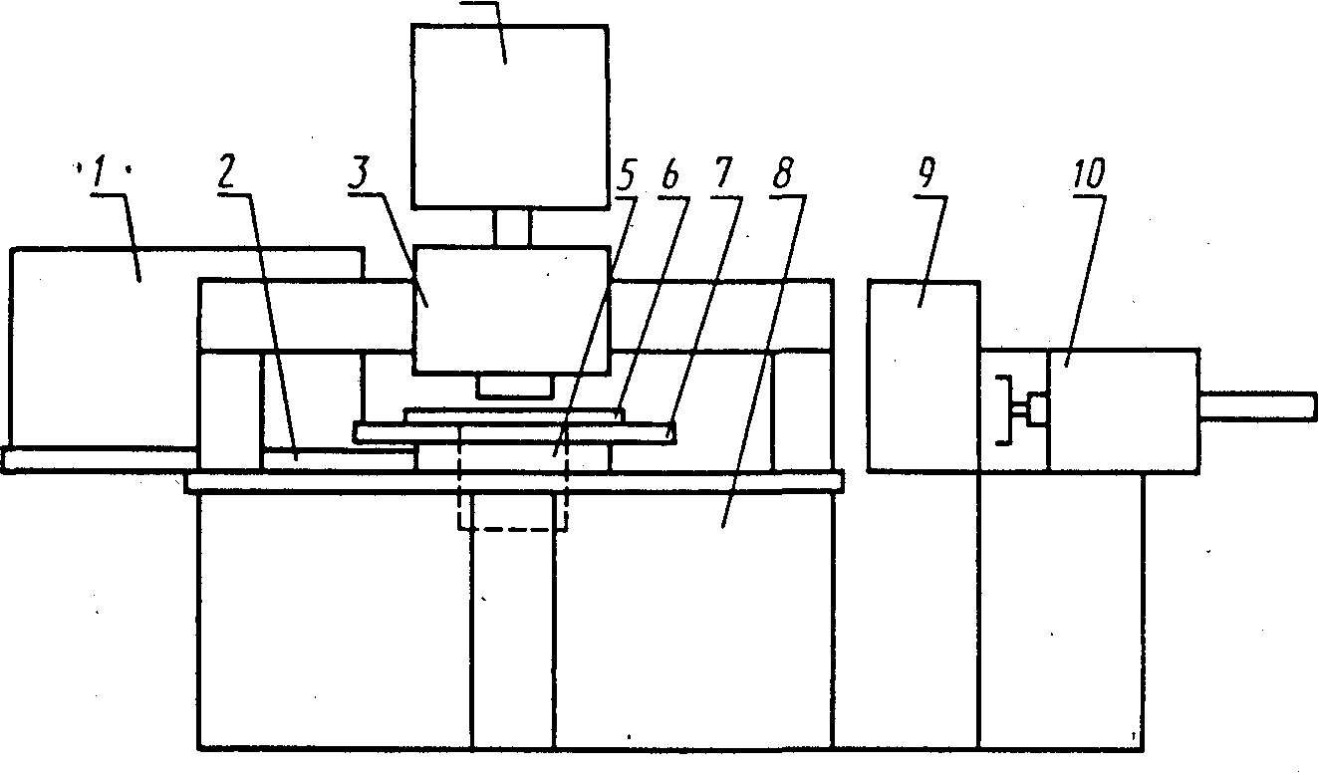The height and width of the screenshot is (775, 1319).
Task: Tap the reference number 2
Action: point(228,174)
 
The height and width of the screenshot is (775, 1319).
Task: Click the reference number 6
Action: point(668,177)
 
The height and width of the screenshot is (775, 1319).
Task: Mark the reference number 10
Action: point(1089,175)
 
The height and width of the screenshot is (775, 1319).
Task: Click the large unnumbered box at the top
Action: point(509,117)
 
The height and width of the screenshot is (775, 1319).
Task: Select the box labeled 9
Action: point(923,376)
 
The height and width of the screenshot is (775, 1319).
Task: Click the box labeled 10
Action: point(1124,409)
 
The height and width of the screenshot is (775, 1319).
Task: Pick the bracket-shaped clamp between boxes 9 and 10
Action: point(1011,409)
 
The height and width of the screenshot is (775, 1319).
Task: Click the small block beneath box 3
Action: point(514,386)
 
